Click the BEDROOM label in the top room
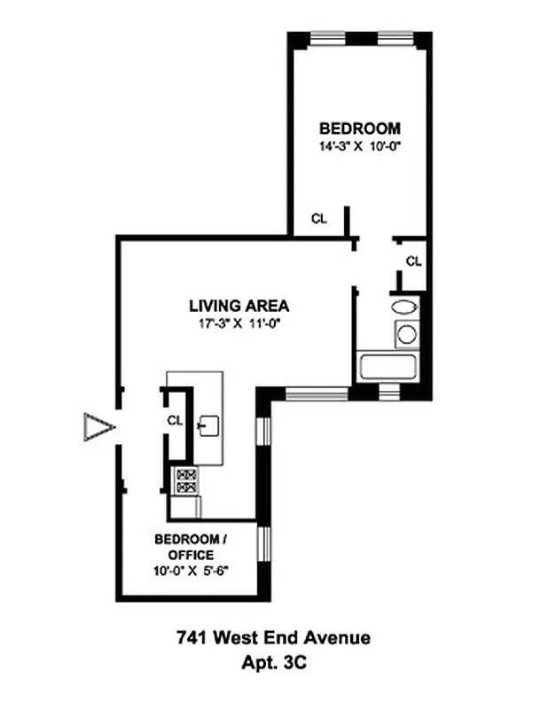359,129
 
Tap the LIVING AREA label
239,307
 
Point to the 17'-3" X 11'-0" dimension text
239,324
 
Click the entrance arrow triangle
97,429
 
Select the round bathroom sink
406,334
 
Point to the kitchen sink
209,425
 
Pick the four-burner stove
186,479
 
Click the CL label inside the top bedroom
317,219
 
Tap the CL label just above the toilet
413,261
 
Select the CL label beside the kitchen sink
175,420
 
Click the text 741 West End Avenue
273,637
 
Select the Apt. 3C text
273,660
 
